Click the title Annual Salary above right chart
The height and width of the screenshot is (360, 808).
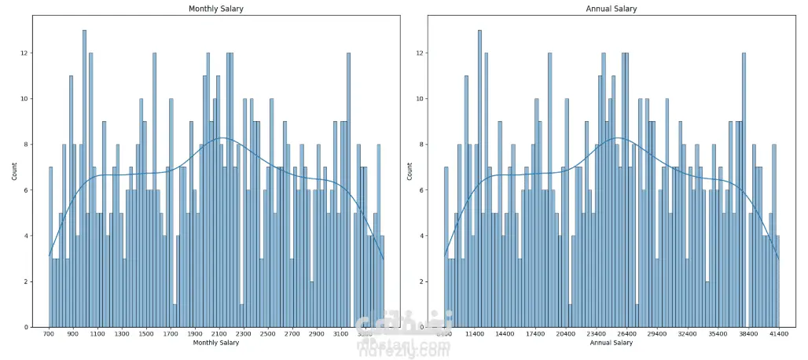point(612,9)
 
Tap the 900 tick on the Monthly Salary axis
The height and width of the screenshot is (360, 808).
point(73,334)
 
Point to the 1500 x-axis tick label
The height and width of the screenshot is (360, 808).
point(146,334)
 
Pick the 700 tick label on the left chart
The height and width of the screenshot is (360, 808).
point(49,334)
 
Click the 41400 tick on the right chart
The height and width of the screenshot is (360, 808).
point(779,334)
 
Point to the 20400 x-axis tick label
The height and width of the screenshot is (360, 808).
point(565,334)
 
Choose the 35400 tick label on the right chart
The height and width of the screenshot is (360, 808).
point(718,334)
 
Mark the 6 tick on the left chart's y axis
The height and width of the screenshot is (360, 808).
point(27,190)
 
